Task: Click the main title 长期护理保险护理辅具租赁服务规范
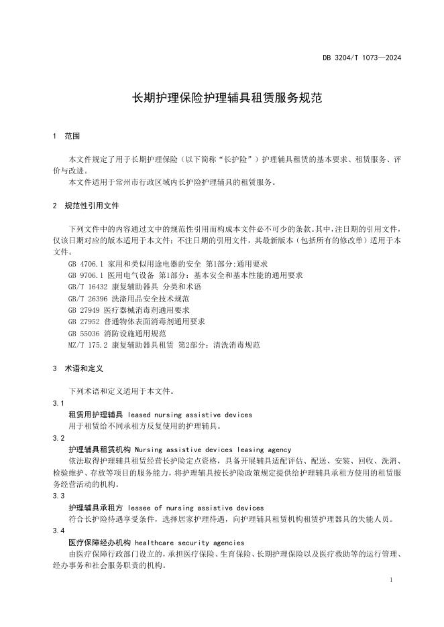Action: (x=221, y=98)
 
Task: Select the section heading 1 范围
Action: (x=66, y=136)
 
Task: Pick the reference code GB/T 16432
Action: (x=89, y=287)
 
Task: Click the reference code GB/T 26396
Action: (x=89, y=298)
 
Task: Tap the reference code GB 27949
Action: (x=83, y=310)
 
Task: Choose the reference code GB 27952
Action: (x=83, y=322)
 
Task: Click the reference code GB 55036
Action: (x=83, y=333)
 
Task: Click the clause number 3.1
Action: (x=58, y=403)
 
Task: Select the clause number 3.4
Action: (x=58, y=531)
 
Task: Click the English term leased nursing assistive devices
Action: (x=190, y=415)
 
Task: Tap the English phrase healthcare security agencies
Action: (x=189, y=542)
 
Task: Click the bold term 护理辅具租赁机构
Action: (x=101, y=449)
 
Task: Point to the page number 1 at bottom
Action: (x=390, y=578)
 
